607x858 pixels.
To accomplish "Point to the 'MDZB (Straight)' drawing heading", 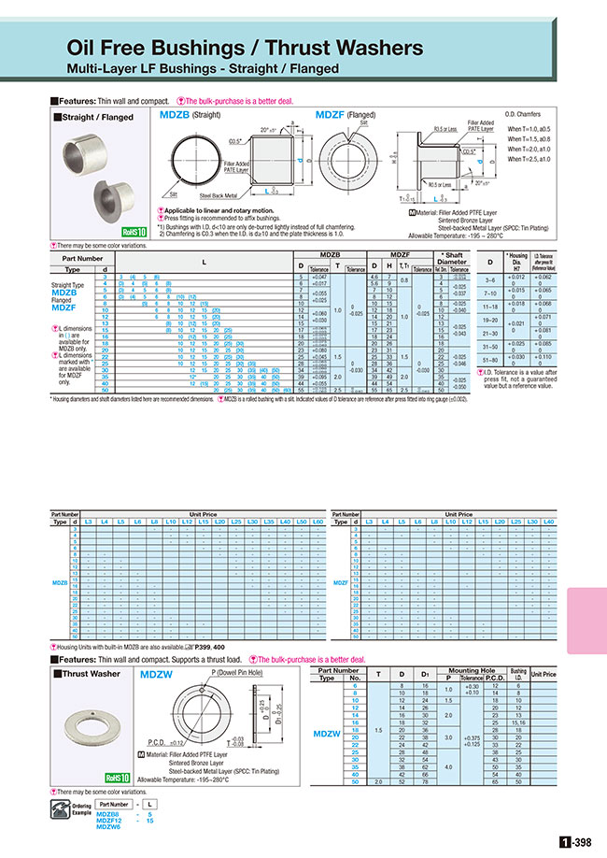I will pyautogui.click(x=192, y=114).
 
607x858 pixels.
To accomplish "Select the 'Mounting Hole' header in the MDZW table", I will pyautogui.click(x=471, y=670).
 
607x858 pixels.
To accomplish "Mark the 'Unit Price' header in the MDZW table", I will pyautogui.click(x=543, y=674).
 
